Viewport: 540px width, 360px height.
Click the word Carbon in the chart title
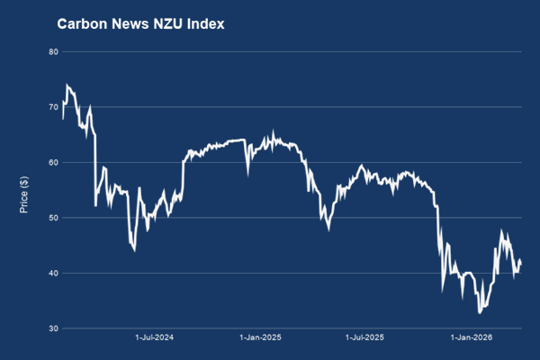81,24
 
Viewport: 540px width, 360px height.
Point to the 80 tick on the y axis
53,52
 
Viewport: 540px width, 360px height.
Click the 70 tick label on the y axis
53,107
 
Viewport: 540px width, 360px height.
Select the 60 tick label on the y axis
53,163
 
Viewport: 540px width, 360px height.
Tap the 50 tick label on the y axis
53,218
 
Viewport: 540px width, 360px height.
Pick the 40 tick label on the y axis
53,274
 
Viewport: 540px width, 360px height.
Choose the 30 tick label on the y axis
53,328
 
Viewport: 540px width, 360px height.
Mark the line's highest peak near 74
67,85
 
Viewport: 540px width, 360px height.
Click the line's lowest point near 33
481,313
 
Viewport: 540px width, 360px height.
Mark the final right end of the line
521,263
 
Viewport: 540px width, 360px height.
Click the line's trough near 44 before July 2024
134,249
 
